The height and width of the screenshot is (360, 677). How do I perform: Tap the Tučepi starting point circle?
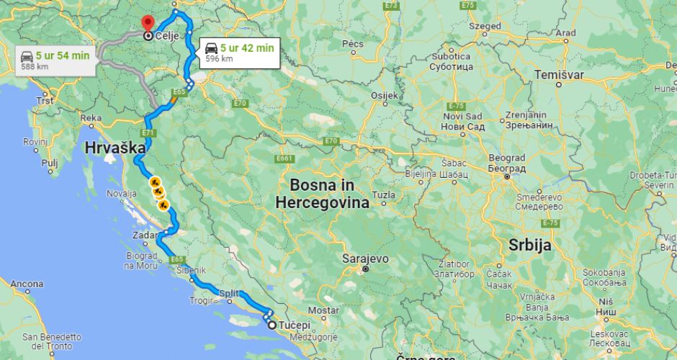pyautogui.click(x=272, y=325)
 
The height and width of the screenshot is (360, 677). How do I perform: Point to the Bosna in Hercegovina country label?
pyautogui.click(x=322, y=193)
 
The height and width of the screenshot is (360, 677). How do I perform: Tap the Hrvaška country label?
pyautogui.click(x=115, y=148)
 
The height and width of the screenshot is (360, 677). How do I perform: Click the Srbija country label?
pyautogui.click(x=529, y=245)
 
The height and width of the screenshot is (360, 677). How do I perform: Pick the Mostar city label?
pyautogui.click(x=323, y=310)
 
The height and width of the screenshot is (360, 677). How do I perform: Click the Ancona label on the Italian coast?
pyautogui.click(x=27, y=284)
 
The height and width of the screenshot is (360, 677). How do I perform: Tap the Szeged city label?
pyautogui.click(x=484, y=27)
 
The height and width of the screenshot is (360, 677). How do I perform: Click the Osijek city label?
pyautogui.click(x=383, y=95)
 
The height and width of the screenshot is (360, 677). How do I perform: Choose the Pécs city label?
pyautogui.click(x=353, y=44)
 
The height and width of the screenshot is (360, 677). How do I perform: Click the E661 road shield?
pyautogui.click(x=284, y=158)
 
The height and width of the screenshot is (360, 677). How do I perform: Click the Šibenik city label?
pyautogui.click(x=190, y=270)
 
